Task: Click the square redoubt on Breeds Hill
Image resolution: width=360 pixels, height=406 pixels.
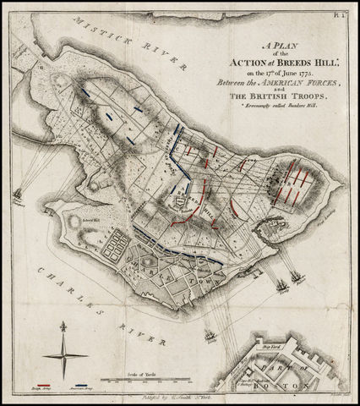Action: click(180, 202)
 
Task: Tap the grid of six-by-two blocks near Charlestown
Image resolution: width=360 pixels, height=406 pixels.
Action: click(112, 250)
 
